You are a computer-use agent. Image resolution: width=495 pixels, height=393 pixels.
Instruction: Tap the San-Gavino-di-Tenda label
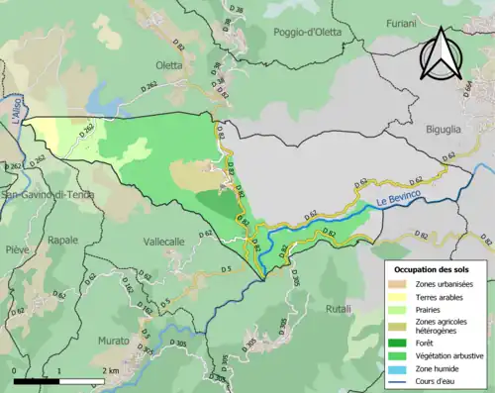[x=48, y=194]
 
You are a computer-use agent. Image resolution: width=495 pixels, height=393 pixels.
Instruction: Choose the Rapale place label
[x=62, y=240]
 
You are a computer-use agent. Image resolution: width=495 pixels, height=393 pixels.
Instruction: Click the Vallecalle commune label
[x=163, y=242]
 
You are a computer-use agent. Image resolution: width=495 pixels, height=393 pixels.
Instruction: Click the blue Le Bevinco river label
[x=398, y=203]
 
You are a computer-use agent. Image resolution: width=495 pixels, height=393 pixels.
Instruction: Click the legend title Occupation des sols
[x=433, y=268]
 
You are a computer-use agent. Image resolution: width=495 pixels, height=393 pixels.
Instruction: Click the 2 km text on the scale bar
[x=109, y=370]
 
